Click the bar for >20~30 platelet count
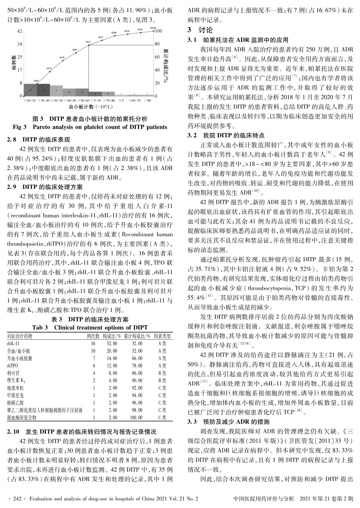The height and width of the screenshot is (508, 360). [30, 90]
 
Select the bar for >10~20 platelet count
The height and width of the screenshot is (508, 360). [56, 91]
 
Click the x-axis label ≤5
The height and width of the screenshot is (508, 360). [121, 100]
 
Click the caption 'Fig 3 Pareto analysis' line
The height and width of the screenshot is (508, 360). [90, 127]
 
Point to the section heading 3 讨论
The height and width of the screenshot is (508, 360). [200, 30]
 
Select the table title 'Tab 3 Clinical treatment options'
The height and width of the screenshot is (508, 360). [90, 327]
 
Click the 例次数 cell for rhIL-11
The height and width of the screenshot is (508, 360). [93, 343]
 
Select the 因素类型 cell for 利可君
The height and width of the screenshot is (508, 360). [162, 373]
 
